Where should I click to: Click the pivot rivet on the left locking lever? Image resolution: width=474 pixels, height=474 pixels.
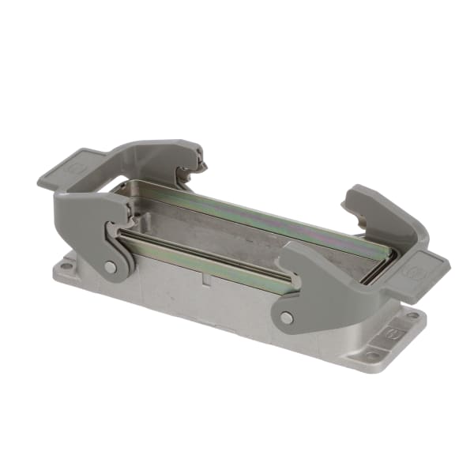pyautogui.click(x=111, y=267)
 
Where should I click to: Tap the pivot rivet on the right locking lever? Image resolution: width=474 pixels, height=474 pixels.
pyautogui.click(x=286, y=318)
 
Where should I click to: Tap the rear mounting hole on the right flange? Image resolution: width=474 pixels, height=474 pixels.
pyautogui.click(x=412, y=316)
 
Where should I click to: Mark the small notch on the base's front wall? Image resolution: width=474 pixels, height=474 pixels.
pyautogui.click(x=204, y=278)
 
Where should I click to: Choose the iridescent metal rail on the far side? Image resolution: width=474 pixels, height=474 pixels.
pyautogui.click(x=261, y=209)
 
